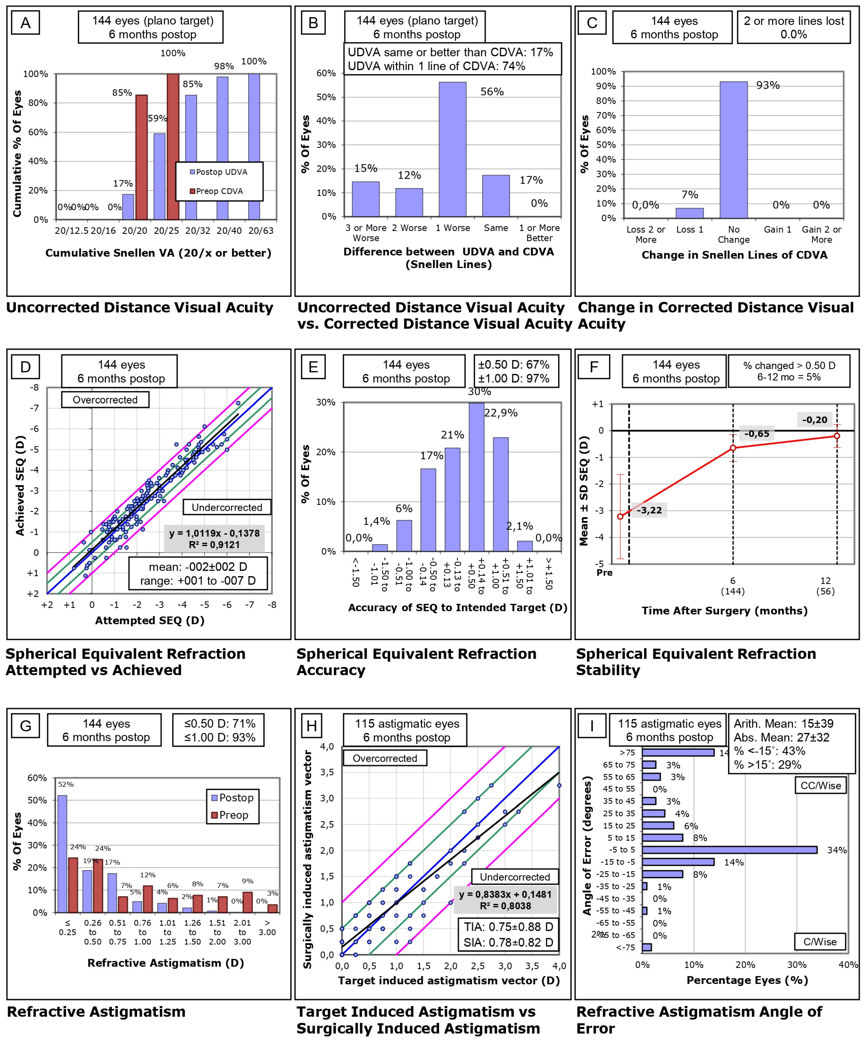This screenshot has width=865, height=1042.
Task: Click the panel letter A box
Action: pyautogui.click(x=25, y=23)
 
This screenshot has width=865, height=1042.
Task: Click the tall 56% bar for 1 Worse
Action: pyautogui.click(x=452, y=149)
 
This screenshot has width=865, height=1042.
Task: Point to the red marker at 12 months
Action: pyautogui.click(x=837, y=436)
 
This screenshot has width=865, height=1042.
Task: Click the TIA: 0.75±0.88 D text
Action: pyautogui.click(x=508, y=927)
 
